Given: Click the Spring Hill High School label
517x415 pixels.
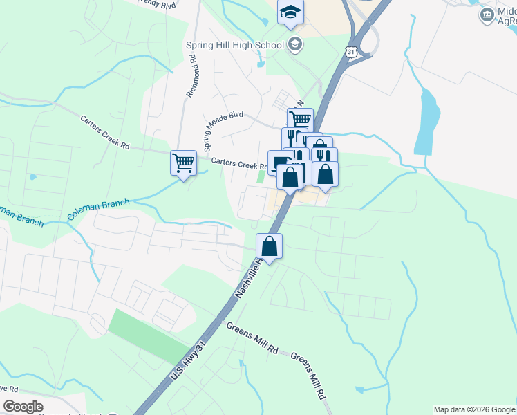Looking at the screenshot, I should (234, 46).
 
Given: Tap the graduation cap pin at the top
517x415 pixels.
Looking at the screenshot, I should (291, 12).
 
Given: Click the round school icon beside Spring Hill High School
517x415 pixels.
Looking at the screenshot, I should (295, 45).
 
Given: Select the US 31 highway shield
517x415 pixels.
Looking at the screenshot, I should (352, 53).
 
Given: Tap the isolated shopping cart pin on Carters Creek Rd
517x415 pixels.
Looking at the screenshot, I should (183, 164).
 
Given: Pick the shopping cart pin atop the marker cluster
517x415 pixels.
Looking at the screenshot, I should (300, 120).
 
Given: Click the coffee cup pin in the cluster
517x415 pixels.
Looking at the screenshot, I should (279, 163).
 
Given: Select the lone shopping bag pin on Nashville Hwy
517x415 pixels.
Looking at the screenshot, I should (269, 246).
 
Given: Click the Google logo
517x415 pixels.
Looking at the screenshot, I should (23, 406).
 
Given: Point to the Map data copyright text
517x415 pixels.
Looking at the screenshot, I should (474, 409).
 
